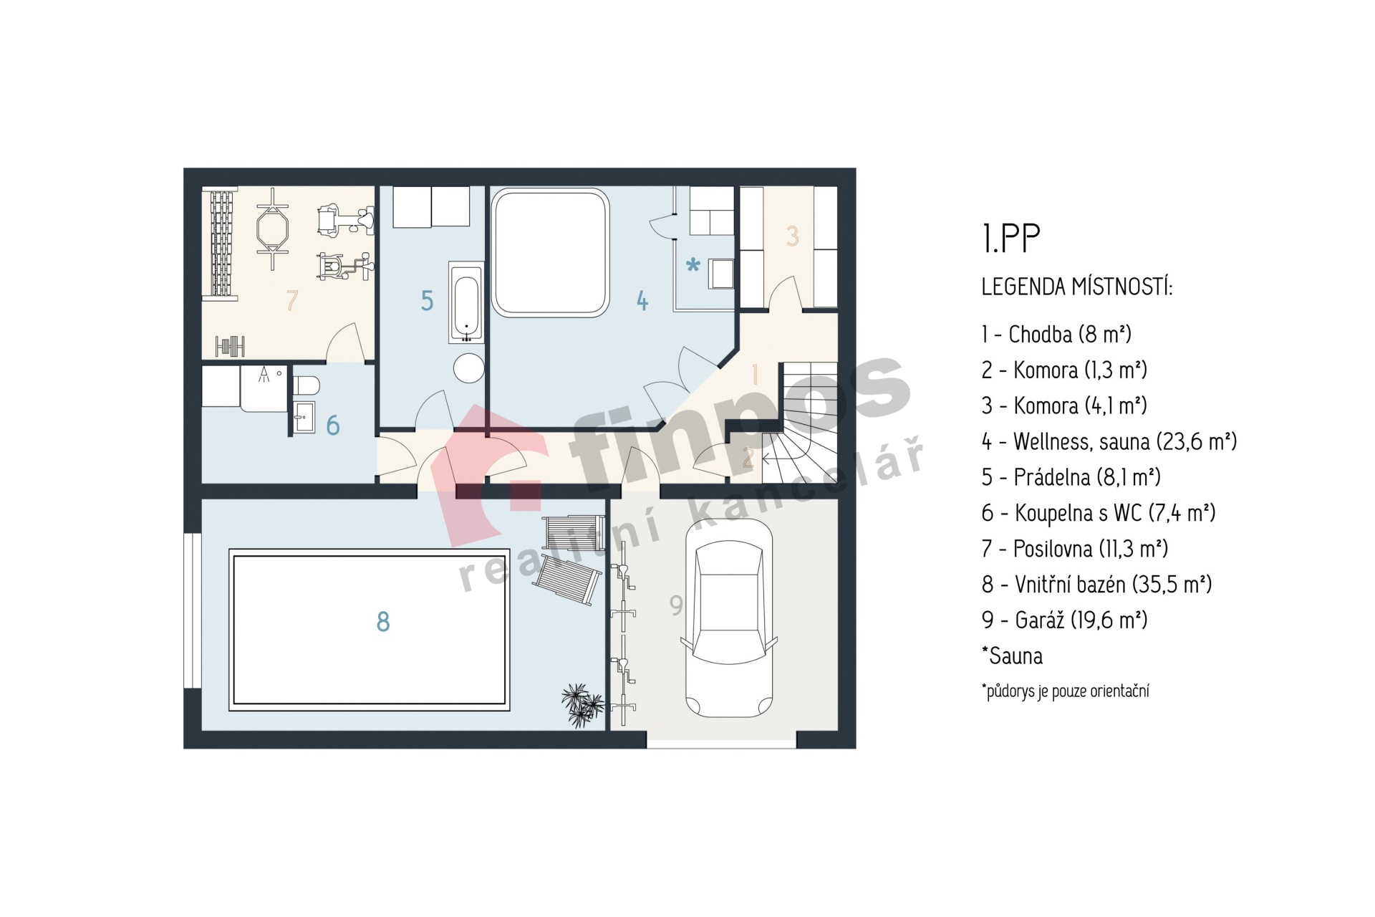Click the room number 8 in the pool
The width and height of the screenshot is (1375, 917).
[x=383, y=621]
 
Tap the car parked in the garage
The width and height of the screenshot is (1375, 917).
[x=729, y=618]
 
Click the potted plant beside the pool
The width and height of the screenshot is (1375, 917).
[x=582, y=705]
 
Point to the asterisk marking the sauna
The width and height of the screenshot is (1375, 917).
[x=693, y=266]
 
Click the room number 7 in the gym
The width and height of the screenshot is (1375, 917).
[x=291, y=300]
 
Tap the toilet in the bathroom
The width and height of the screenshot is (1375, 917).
[x=306, y=386]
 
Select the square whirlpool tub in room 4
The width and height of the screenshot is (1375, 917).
[x=550, y=252]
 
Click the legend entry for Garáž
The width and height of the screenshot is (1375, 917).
[x=1064, y=620]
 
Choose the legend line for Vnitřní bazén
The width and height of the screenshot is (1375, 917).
[x=1096, y=584]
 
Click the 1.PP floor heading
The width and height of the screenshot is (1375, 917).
[x=1010, y=239]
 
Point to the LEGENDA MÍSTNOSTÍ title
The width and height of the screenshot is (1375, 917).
[x=1076, y=287]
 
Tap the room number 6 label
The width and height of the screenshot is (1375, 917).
[x=333, y=426]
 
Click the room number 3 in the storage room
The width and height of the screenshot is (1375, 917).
[x=792, y=236]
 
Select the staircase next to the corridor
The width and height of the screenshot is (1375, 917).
[x=800, y=423]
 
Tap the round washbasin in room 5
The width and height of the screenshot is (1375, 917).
[x=469, y=368]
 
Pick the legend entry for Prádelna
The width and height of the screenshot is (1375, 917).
[x=1071, y=477]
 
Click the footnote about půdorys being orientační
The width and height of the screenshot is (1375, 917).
[x=1065, y=691]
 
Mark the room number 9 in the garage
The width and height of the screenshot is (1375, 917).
[x=676, y=605]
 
